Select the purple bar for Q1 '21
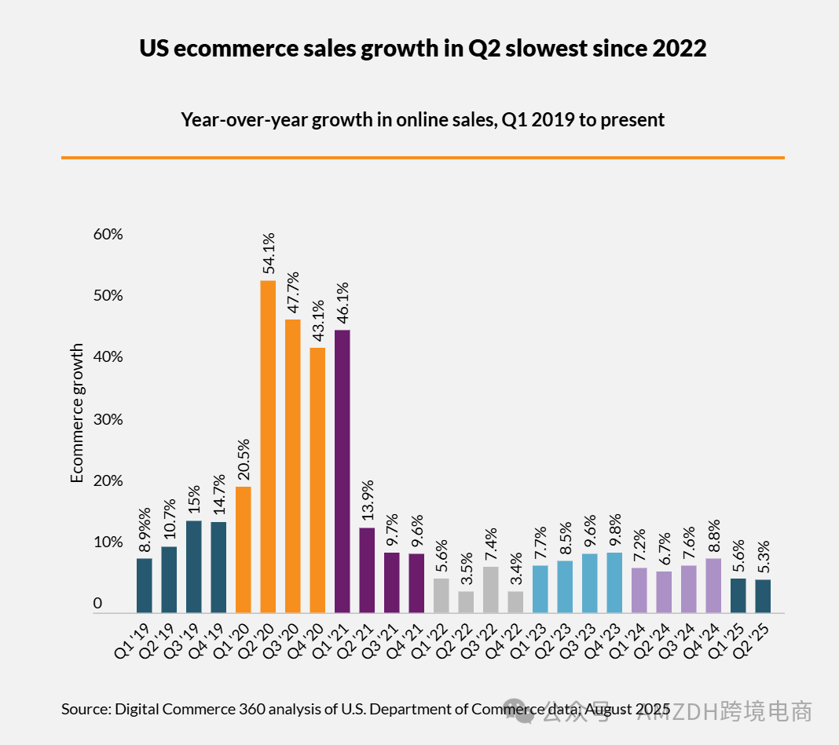coord(343,471)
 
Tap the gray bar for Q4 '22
coord(515,601)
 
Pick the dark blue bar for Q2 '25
coord(763,596)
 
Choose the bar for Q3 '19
coord(194,566)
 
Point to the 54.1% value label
coord(268,252)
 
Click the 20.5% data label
coord(244,458)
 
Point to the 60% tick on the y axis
coord(109,234)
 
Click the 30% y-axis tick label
coord(109,419)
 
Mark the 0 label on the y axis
coord(98,603)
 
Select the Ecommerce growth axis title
coord(77,412)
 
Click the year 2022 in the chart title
coord(679,49)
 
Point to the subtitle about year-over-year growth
coord(423,120)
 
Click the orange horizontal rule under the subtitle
coord(423,158)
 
